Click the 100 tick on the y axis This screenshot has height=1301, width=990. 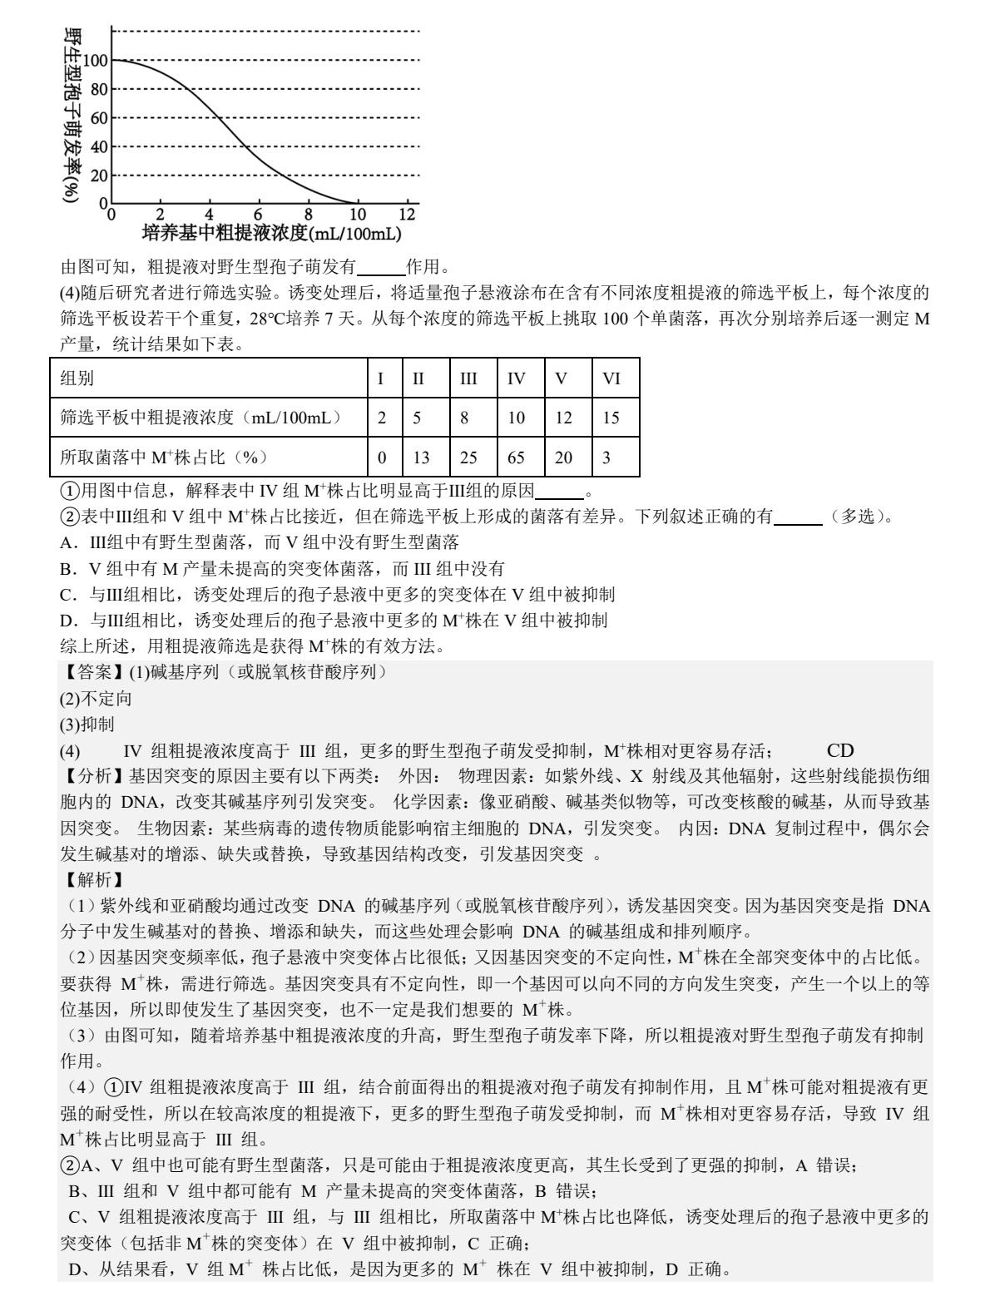[95, 60]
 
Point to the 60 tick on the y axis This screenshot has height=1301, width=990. [99, 118]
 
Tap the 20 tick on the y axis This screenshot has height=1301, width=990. [99, 176]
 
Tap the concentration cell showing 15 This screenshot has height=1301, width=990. [611, 418]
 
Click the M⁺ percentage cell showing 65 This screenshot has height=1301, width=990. [517, 457]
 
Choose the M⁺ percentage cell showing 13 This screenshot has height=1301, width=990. [422, 457]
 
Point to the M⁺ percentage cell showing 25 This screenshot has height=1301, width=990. [469, 457]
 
